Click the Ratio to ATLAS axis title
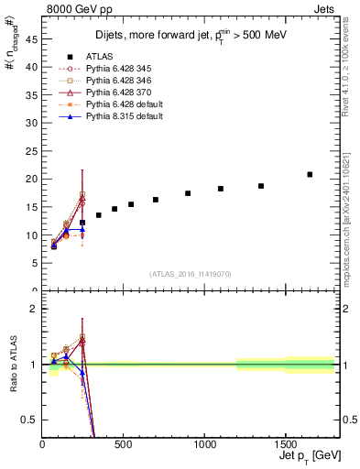pyautogui.click(x=12, y=364)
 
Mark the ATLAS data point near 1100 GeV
pyautogui.click(x=221, y=189)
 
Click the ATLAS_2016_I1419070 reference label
pyautogui.click(x=189, y=274)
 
